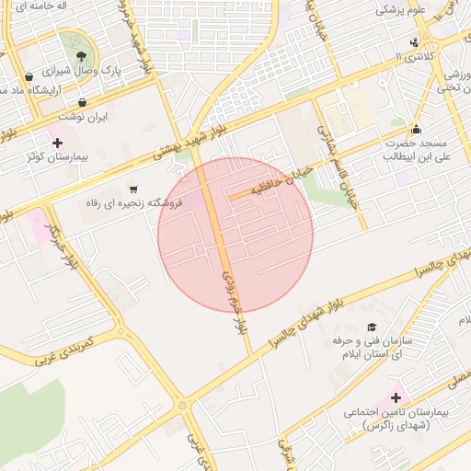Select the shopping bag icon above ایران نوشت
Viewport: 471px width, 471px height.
tap(84, 102)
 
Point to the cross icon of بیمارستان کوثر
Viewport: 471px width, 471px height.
tap(58, 143)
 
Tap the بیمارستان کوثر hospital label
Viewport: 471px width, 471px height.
tap(57, 158)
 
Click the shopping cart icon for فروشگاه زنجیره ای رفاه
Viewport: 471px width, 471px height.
tap(135, 188)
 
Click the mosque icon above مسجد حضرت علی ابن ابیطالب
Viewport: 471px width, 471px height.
tap(416, 129)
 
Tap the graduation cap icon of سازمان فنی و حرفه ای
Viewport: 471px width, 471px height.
tap(372, 327)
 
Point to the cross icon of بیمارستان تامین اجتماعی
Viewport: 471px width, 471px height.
tap(396, 398)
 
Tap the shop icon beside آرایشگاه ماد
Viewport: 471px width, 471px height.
tap(30, 76)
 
